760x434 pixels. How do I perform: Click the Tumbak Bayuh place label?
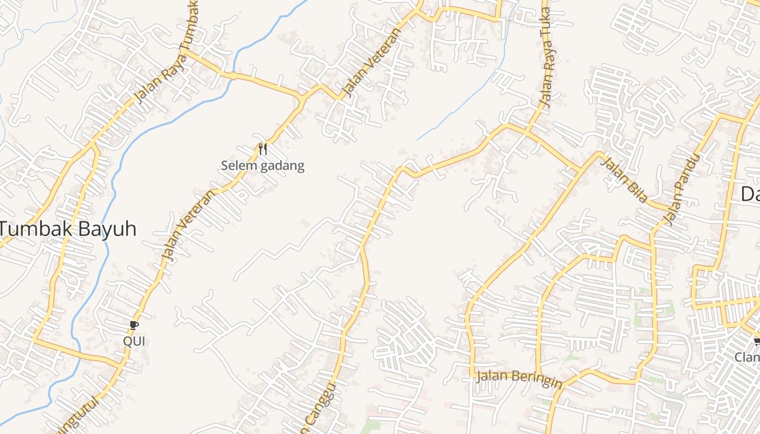(x=68, y=229)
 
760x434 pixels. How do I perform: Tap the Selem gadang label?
(x=263, y=165)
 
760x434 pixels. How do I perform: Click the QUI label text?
(x=134, y=341)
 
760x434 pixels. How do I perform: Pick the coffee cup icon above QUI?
(x=134, y=325)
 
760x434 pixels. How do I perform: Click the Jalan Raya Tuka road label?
(x=546, y=57)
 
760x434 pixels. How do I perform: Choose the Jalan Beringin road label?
(x=518, y=379)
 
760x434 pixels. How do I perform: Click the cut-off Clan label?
(x=748, y=357)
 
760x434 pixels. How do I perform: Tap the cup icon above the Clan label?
(x=757, y=341)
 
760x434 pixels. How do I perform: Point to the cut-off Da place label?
(x=750, y=194)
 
